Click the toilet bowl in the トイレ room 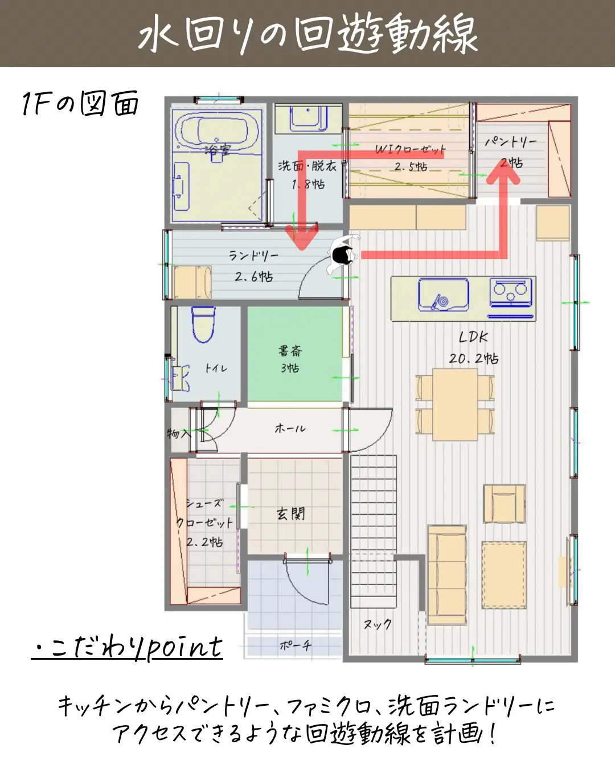click(x=203, y=324)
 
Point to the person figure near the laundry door click(x=343, y=253)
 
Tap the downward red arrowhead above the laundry click(x=302, y=236)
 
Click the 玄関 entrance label click(x=291, y=513)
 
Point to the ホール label click(x=290, y=428)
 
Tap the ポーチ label click(x=296, y=645)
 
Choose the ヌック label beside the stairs click(x=378, y=624)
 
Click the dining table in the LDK click(x=455, y=404)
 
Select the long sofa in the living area click(x=447, y=575)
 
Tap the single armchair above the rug click(x=504, y=504)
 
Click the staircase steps click(x=374, y=531)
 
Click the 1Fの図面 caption click(x=80, y=103)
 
